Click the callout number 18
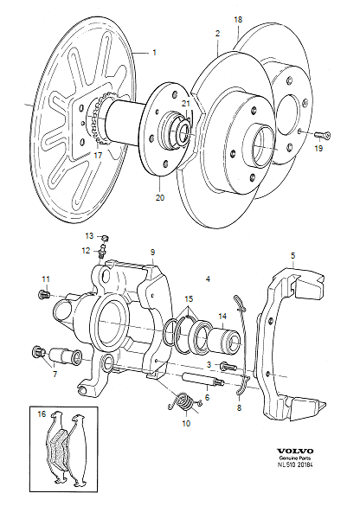coord(239,18)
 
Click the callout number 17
coord(98,156)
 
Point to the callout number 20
coord(159,197)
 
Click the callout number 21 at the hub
coord(185,103)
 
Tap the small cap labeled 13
coord(104,237)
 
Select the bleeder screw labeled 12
coord(102,253)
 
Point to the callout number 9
coord(151,253)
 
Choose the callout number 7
coord(55,375)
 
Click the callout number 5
coord(292,256)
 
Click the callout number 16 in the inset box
coord(41,414)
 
